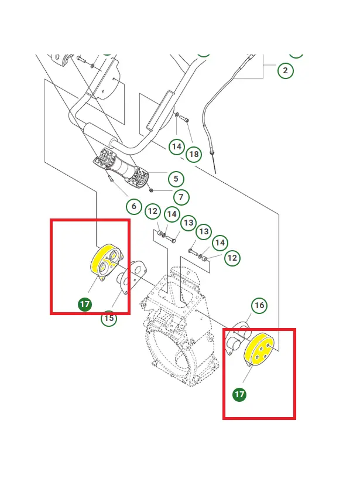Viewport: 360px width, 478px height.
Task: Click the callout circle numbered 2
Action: (x=286, y=70)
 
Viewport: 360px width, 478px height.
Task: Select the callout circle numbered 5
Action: (x=176, y=179)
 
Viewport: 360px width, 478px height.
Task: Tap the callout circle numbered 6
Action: (x=134, y=206)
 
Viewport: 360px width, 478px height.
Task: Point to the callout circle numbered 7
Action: (x=181, y=197)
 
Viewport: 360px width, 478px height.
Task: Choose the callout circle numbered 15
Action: (x=109, y=318)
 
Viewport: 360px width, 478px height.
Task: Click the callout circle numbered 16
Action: (x=259, y=305)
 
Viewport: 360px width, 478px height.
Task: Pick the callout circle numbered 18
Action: (x=194, y=154)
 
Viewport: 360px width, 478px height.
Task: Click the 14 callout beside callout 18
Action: (x=177, y=146)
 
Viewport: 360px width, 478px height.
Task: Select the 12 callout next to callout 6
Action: (x=153, y=211)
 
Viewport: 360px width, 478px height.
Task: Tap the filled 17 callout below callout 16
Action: (x=239, y=394)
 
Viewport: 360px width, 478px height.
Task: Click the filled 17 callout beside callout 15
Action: (x=85, y=304)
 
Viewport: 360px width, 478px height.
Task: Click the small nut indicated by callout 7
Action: (x=151, y=190)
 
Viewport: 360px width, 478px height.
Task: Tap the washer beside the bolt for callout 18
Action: (x=177, y=115)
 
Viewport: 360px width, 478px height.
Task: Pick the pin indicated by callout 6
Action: (x=110, y=177)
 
